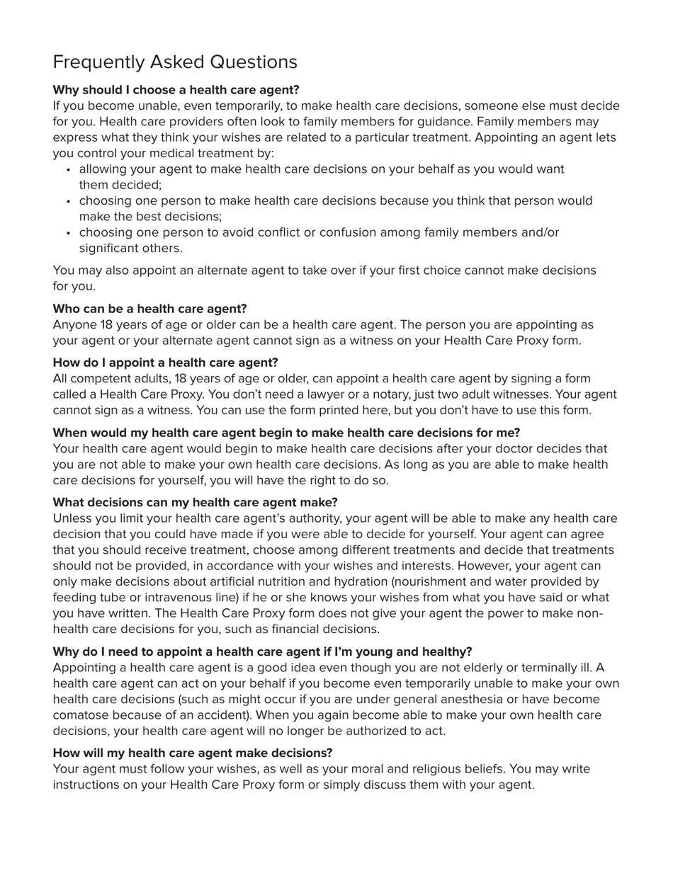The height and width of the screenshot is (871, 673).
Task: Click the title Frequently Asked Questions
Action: [x=175, y=62]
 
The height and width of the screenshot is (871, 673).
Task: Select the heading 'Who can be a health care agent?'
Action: [x=149, y=309]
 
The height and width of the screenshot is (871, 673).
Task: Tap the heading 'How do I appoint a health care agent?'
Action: [x=165, y=363]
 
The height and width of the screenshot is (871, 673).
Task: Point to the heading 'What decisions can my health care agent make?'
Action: [x=195, y=502]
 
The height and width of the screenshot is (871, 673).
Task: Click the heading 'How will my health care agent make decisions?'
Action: [x=192, y=753]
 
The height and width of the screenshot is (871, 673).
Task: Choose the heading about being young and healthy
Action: [x=262, y=651]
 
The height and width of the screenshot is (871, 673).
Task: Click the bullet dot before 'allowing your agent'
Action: [x=68, y=170]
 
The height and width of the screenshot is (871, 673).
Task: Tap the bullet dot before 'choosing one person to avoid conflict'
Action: [x=68, y=233]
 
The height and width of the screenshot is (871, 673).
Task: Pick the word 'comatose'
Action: [x=81, y=715]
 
